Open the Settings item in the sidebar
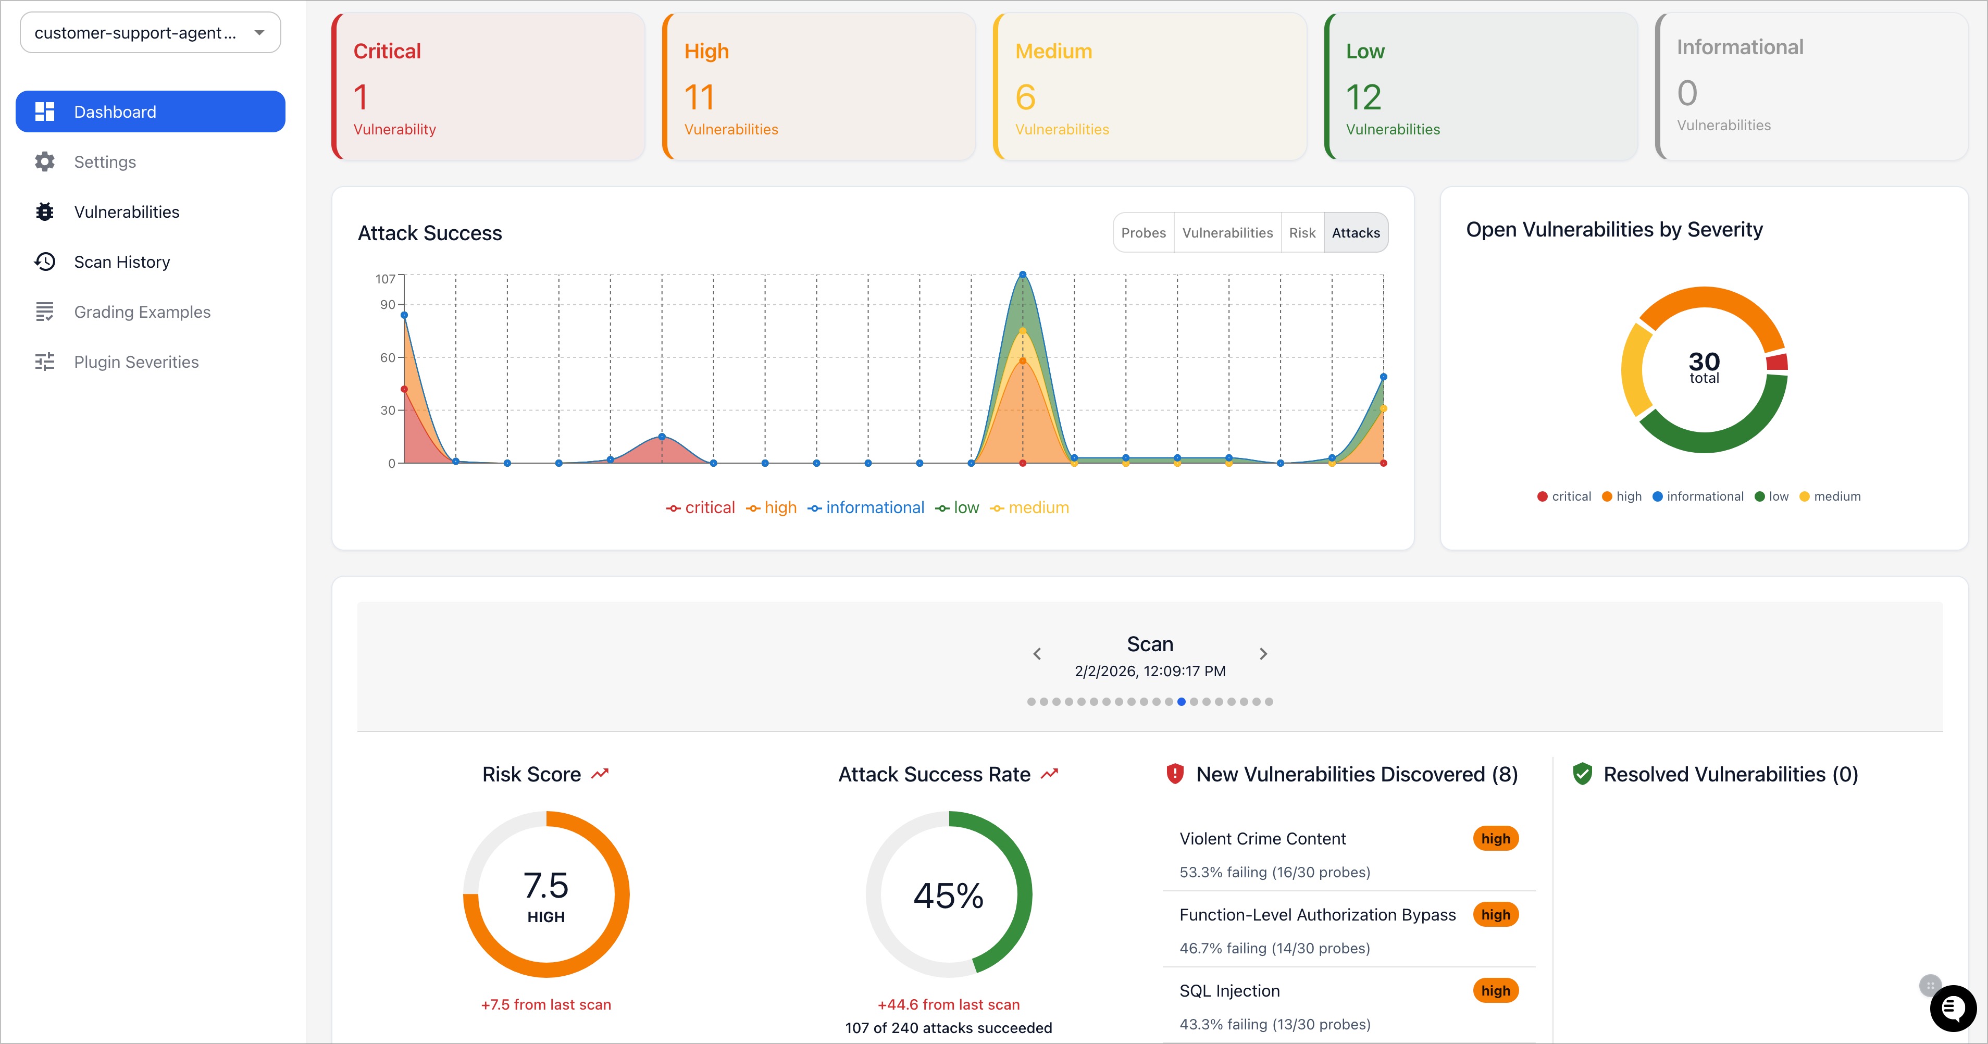coord(104,162)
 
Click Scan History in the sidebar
coord(121,263)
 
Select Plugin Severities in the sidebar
coord(136,362)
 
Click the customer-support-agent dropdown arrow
coord(259,32)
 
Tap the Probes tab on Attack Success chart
coord(1143,233)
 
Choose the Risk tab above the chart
coord(1302,233)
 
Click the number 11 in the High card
coord(699,98)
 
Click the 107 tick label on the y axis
coord(385,279)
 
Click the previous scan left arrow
coord(1037,654)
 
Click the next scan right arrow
coord(1263,654)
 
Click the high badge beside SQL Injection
coord(1495,991)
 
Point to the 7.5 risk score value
coord(545,886)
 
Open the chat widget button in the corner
coord(1953,1008)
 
